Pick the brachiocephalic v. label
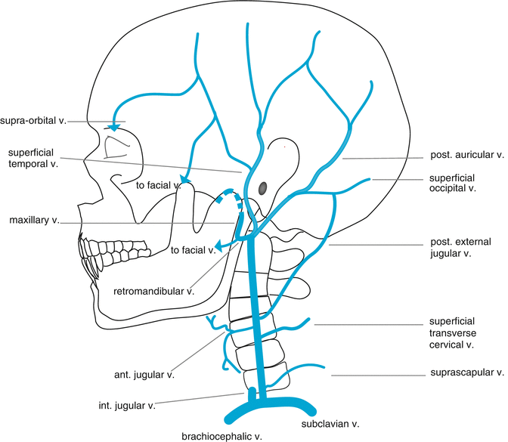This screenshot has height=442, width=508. click(221, 436)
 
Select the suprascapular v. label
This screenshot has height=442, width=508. click(466, 372)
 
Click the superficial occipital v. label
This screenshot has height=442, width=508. click(460, 184)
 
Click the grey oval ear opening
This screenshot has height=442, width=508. click(263, 187)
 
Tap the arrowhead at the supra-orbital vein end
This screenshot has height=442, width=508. click(114, 125)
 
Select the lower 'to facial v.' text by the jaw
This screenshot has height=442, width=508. click(193, 250)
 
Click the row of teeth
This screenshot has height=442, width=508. click(95, 255)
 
